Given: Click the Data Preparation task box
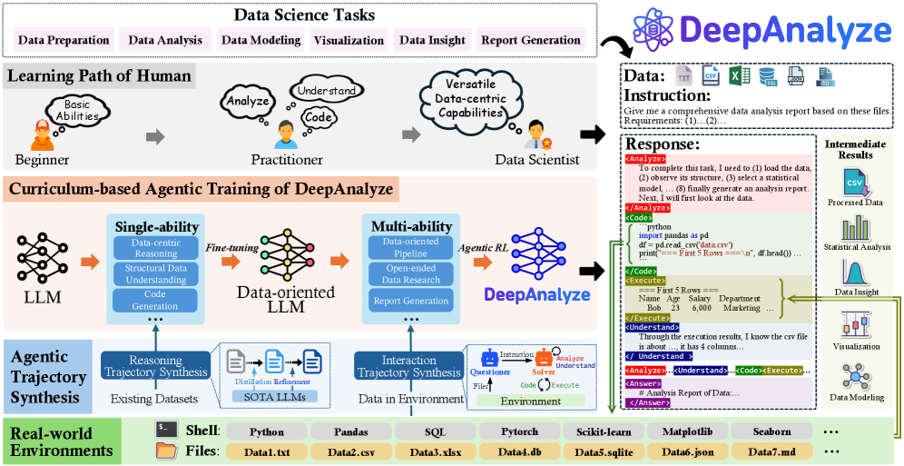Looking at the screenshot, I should click(x=64, y=40).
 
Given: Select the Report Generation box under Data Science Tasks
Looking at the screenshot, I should click(x=531, y=40).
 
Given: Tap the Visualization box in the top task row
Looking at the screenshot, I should click(x=349, y=40).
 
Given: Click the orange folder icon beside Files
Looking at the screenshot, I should click(x=166, y=451).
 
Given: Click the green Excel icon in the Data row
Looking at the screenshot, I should click(x=739, y=76).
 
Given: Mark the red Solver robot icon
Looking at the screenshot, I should click(x=544, y=358).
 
